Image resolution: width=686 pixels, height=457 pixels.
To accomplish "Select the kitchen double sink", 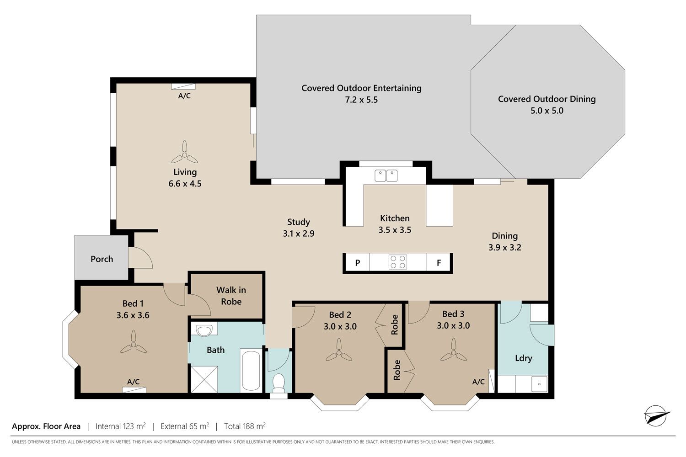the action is (386, 175).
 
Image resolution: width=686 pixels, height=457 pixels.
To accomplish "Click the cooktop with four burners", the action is (398, 262).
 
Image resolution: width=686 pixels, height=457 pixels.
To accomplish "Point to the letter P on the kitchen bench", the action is (357, 263).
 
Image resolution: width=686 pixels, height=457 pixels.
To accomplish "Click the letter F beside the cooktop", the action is (439, 263).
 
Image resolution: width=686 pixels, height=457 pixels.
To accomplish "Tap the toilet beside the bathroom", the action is (279, 383).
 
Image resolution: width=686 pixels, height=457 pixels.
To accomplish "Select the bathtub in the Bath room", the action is (251, 371).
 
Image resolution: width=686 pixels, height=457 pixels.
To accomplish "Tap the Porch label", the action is (102, 259).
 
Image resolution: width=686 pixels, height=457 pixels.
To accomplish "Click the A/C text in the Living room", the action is (184, 96).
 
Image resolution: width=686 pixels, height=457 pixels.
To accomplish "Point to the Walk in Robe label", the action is (231, 296).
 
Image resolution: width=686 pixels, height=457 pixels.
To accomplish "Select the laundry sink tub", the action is (539, 384).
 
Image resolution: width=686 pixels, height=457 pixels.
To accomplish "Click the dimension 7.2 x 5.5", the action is (361, 100).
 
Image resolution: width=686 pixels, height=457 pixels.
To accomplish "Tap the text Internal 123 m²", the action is (120, 426).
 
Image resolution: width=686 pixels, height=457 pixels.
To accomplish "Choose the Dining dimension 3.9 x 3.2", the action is (505, 247).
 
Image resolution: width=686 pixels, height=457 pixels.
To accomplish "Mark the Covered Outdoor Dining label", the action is (547, 99).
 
